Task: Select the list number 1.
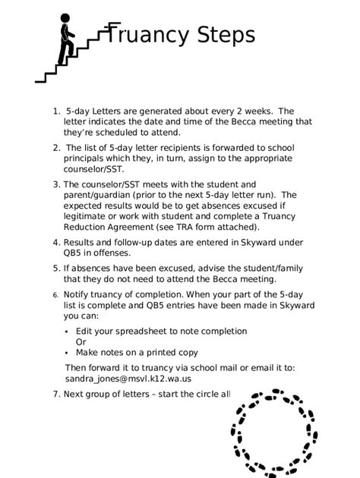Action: [x=56, y=111]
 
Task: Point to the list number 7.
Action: [x=55, y=394]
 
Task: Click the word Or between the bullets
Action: [x=81, y=341]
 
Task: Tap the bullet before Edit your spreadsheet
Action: [x=67, y=332]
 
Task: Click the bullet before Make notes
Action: [x=67, y=353]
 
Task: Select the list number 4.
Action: [x=55, y=243]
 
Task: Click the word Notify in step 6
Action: [x=77, y=294]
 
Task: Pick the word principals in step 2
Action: [x=87, y=158]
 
